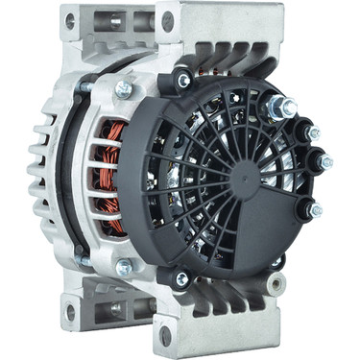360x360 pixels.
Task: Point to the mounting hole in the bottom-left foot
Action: click(69, 310)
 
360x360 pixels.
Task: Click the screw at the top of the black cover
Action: click(182, 82)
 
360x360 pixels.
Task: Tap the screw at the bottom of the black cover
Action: click(180, 279)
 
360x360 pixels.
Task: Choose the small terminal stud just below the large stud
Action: click(312, 133)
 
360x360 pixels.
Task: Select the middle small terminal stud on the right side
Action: click(324, 162)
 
